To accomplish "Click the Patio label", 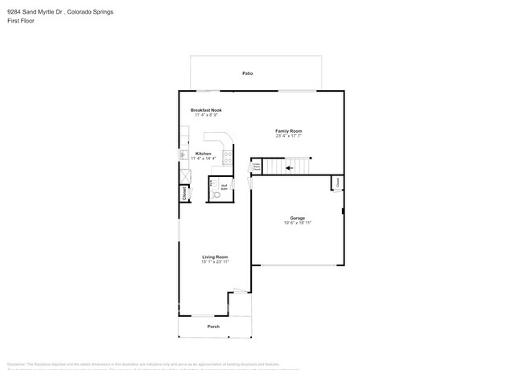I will (x=248, y=73).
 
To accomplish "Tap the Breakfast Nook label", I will (x=206, y=109).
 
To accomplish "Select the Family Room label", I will (x=288, y=130).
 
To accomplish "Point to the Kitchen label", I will (x=204, y=153).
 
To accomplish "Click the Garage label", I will (x=298, y=218).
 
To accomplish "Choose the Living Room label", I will (x=215, y=257).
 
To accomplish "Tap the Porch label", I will (x=213, y=327).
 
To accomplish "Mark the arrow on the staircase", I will (x=289, y=169).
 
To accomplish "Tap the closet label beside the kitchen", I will (x=184, y=193).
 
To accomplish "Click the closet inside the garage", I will (x=338, y=183).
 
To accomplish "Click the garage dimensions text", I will (x=298, y=223).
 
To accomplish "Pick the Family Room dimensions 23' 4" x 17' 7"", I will (x=288, y=136).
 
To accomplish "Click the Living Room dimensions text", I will (x=215, y=262).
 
